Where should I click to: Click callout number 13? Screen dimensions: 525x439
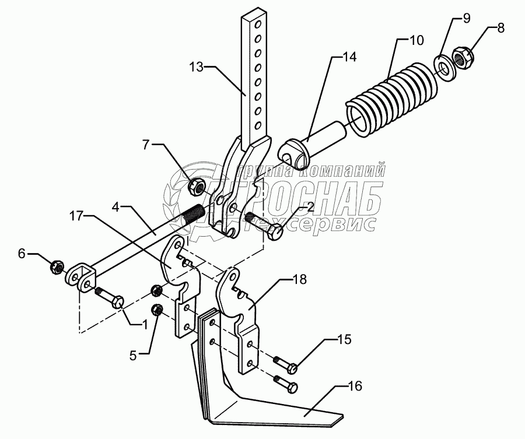click(x=196, y=68)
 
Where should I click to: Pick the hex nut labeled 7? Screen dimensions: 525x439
click(x=196, y=187)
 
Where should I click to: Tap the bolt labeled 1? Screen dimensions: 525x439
click(x=111, y=297)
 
